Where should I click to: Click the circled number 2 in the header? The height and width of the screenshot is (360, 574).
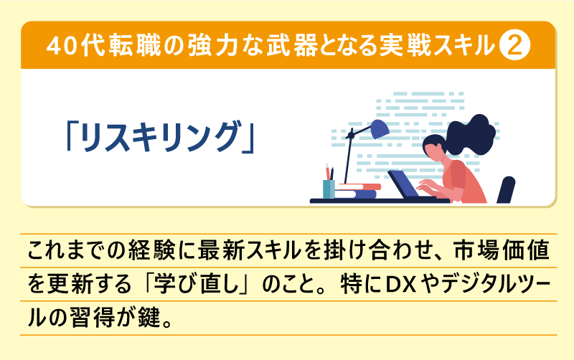[514, 45]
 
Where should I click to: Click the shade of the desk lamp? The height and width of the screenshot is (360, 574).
[377, 129]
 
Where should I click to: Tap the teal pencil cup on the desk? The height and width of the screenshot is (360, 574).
[329, 188]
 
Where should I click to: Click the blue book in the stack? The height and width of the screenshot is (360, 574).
[357, 194]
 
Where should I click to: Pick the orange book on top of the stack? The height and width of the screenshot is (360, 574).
[359, 186]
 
